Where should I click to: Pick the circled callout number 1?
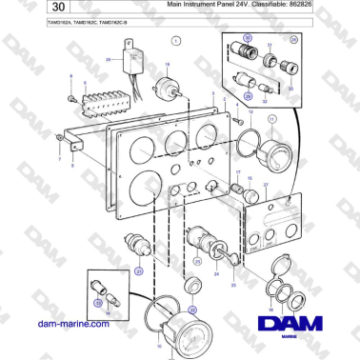[176, 42]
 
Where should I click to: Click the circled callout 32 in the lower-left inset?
[96, 302]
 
